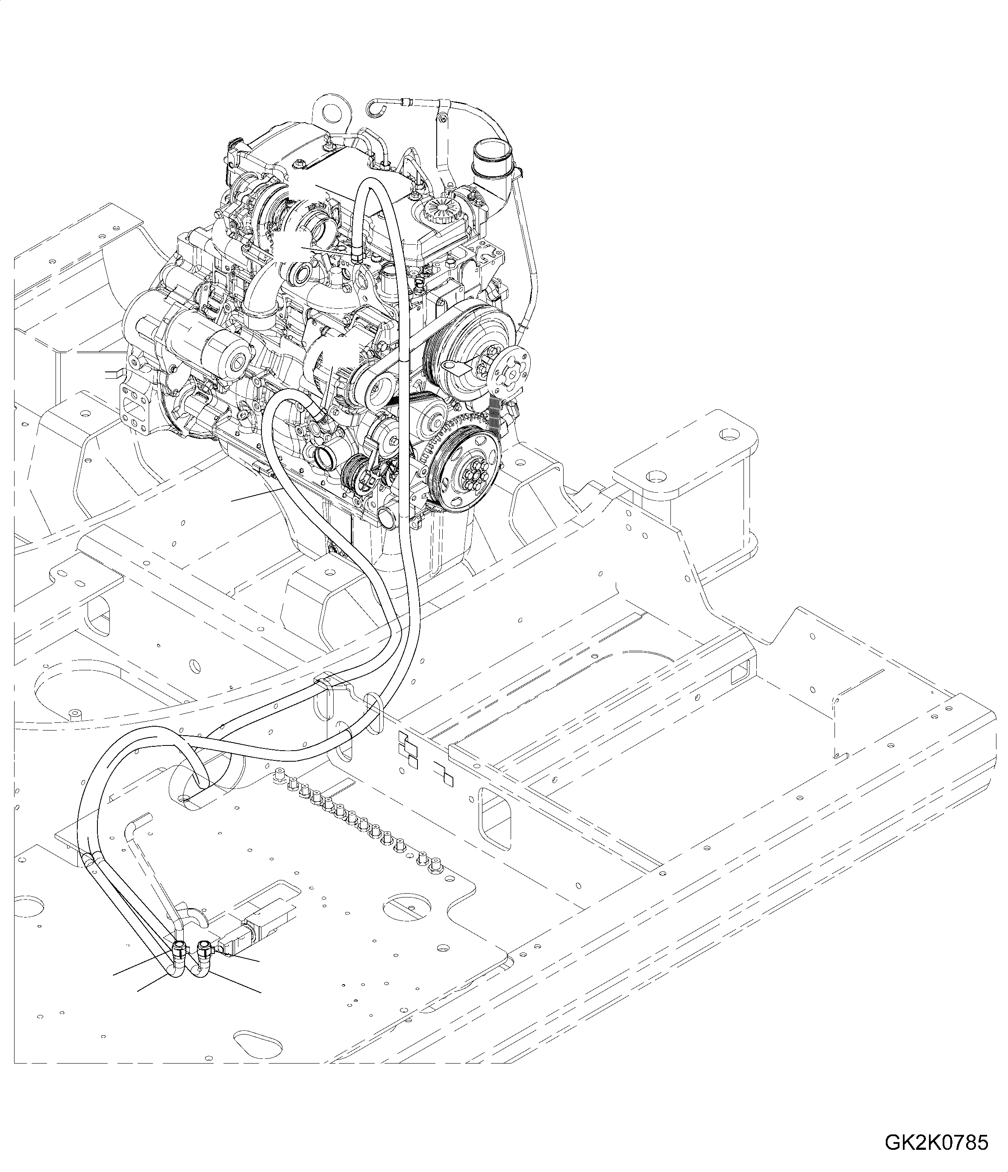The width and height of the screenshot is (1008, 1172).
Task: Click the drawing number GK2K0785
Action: [x=936, y=1141]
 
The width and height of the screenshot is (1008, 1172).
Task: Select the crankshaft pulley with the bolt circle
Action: [x=464, y=467]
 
